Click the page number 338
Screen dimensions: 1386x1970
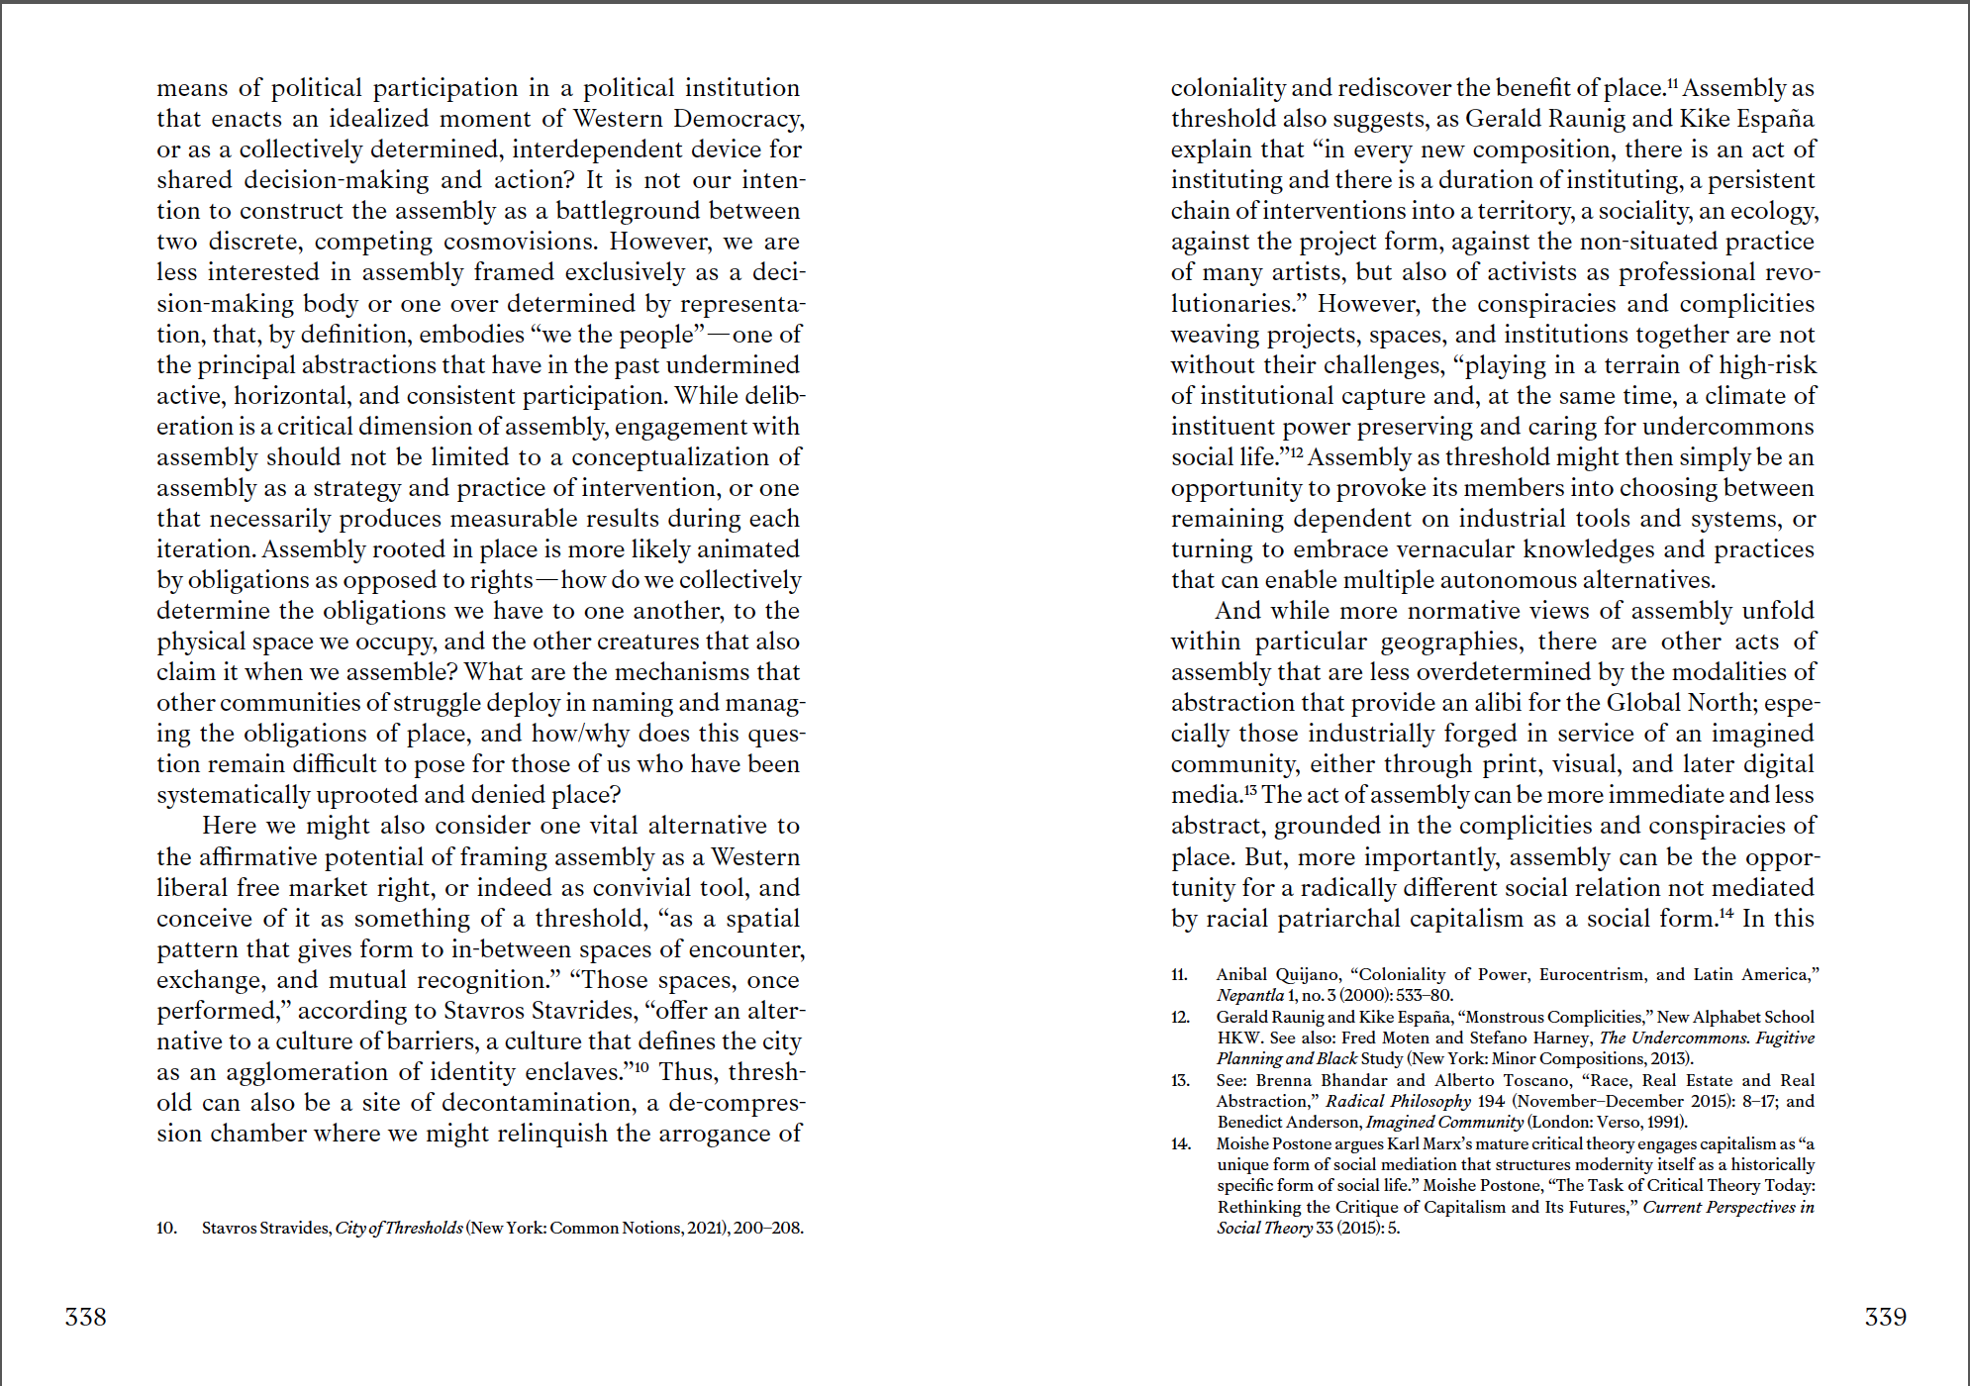click(x=85, y=1317)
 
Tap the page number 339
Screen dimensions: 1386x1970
click(x=1885, y=1317)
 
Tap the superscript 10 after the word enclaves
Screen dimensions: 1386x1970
click(x=640, y=1066)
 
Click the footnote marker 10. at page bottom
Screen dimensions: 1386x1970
click(x=166, y=1229)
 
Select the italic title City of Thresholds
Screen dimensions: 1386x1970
click(x=399, y=1229)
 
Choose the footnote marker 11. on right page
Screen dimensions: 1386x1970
click(x=1179, y=975)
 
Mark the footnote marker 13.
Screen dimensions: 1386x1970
click(x=1179, y=1081)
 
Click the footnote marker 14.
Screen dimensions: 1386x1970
click(x=1179, y=1144)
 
